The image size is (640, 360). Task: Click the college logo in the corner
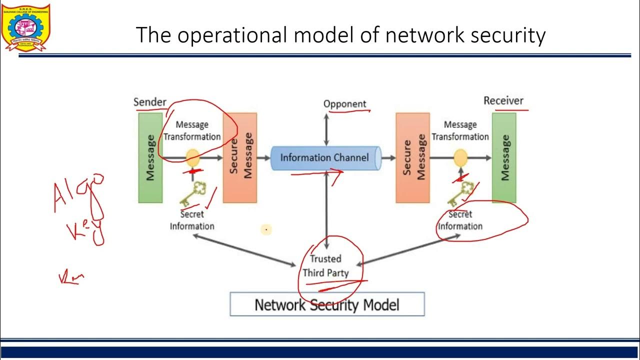click(x=26, y=27)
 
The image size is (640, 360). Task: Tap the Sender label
click(x=149, y=102)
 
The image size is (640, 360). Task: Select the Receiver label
click(x=503, y=100)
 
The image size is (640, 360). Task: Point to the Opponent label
click(x=344, y=104)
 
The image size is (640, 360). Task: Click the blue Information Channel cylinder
click(x=325, y=158)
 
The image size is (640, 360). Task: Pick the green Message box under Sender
click(x=150, y=157)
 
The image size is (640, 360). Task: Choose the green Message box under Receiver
click(x=504, y=157)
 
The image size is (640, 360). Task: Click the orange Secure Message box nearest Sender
click(x=240, y=157)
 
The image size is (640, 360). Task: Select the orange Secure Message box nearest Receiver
click(x=412, y=157)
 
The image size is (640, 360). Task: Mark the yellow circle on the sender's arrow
click(x=193, y=158)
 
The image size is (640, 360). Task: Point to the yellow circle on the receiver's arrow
click(x=460, y=158)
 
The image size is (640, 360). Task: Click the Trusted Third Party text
click(x=325, y=265)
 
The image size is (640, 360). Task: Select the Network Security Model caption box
click(x=327, y=304)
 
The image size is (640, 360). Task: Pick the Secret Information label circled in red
click(x=460, y=220)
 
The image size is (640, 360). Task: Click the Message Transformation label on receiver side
click(x=460, y=130)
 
